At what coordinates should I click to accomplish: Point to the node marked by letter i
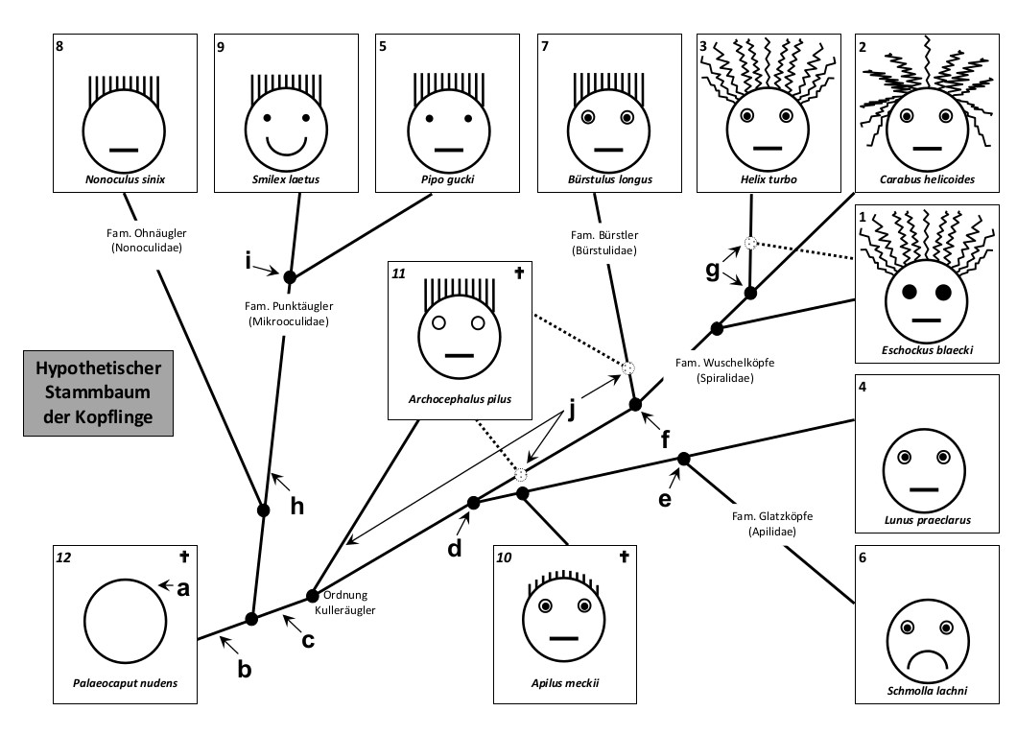290,276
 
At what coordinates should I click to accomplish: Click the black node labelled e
684,458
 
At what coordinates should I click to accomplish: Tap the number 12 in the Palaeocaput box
63,556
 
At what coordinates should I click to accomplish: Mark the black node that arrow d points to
473,503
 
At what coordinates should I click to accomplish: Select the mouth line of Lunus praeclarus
923,489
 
